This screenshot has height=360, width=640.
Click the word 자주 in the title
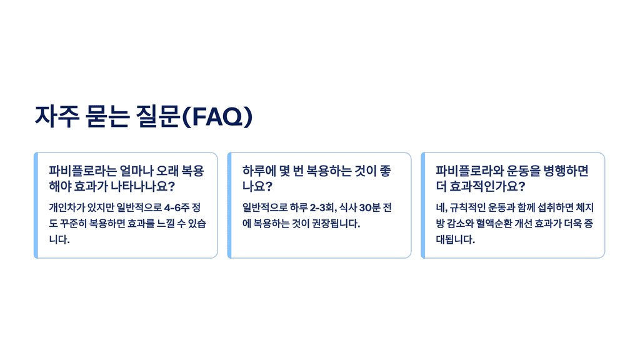pos(55,117)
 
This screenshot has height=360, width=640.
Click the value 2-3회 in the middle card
pos(322,207)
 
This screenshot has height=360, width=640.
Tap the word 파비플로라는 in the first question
pos(79,171)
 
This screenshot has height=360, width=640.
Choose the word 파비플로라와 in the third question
pos(466,171)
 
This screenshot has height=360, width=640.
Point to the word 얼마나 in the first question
pos(132,171)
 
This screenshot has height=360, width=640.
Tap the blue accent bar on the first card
pos(36,205)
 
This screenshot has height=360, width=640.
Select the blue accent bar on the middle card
pos(230,205)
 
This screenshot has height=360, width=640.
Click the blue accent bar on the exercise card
pos(423,205)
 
